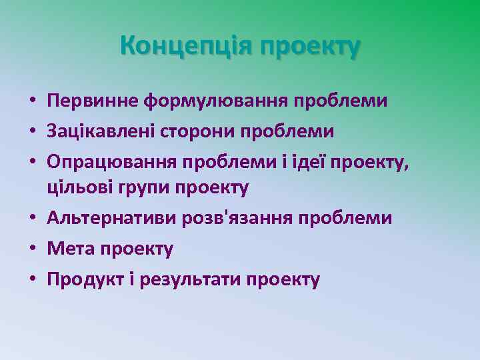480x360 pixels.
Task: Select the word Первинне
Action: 91,101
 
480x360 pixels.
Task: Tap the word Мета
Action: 71,249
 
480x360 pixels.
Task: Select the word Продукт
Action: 82,279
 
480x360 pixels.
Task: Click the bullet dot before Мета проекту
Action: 32,250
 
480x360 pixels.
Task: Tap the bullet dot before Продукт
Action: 32,279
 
